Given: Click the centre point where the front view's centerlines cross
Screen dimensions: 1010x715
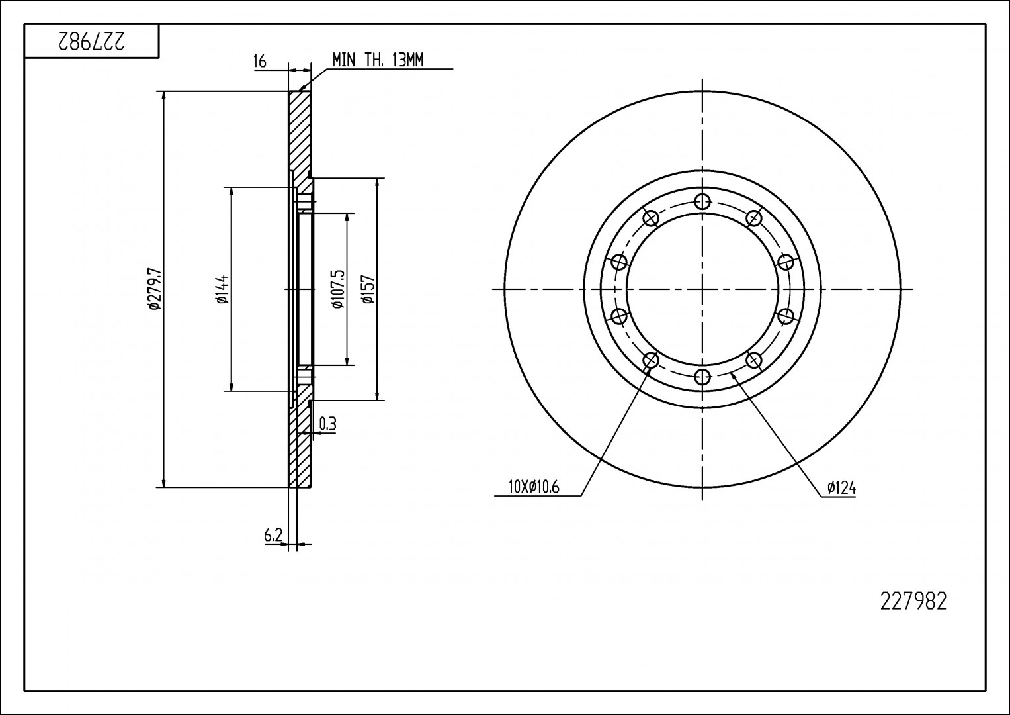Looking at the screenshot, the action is point(702,289).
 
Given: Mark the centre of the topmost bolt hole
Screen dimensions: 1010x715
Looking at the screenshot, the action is point(702,201).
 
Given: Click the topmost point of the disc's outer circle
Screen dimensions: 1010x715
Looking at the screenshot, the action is point(702,91).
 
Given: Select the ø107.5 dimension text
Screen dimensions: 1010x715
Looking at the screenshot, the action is point(338,289).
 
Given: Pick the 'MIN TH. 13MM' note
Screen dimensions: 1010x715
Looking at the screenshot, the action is point(378,60).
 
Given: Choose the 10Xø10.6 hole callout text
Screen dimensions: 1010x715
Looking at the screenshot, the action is point(534,487).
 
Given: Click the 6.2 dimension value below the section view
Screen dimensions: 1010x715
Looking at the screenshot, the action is point(273,536).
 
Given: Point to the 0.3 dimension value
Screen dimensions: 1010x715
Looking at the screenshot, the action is point(328,424).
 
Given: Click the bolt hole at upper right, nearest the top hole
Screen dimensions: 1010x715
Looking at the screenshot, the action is point(754,218).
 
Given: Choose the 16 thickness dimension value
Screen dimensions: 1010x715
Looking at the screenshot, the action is point(260,61).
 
